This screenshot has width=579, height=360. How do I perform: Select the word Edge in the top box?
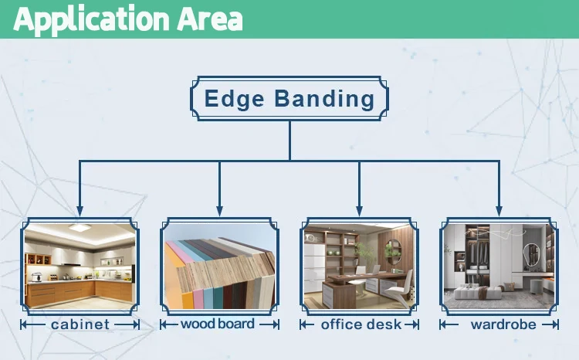[x=232, y=99]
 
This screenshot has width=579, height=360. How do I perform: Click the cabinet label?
[x=80, y=324]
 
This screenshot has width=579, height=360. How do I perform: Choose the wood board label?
[x=219, y=324]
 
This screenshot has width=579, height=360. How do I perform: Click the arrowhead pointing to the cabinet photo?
[x=80, y=211]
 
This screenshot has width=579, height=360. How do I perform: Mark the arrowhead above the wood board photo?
[x=220, y=211]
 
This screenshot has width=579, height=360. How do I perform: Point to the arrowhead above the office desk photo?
[x=359, y=211]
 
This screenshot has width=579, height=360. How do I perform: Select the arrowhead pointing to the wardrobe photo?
[x=499, y=211]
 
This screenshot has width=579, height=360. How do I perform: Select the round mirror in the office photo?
[x=393, y=249]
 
